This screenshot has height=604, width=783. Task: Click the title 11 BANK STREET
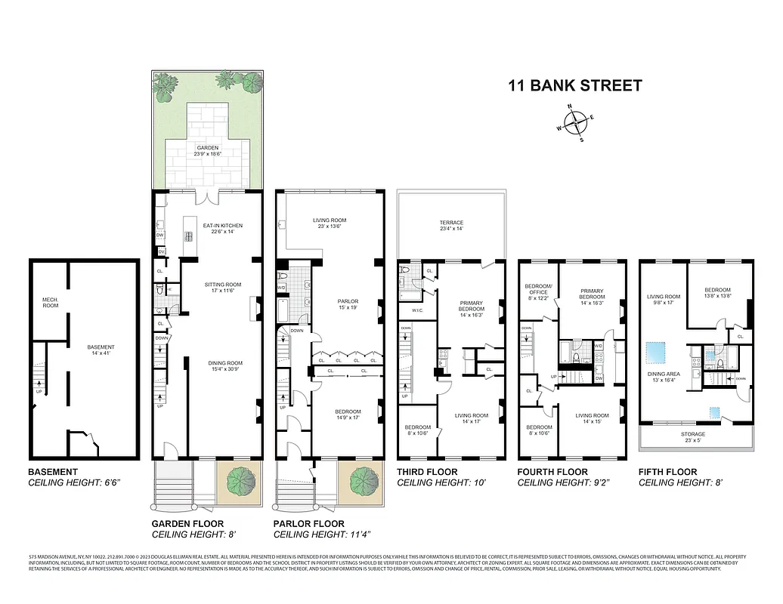[x=574, y=85]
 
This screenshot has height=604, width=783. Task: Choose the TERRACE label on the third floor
[x=451, y=226]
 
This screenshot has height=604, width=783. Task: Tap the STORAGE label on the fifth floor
[x=693, y=437]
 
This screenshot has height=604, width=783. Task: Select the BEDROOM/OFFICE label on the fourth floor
[x=538, y=291]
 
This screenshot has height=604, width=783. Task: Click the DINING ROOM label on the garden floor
[x=224, y=366]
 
